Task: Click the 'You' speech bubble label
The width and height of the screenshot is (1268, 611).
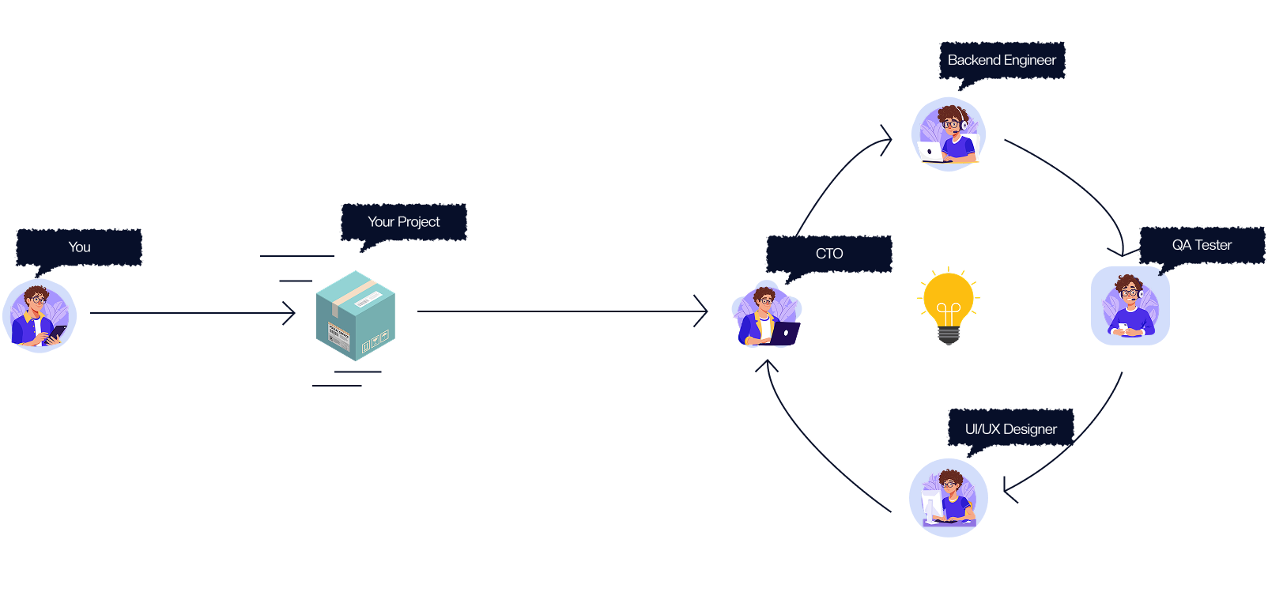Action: (79, 247)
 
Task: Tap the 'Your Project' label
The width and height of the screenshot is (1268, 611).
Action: (403, 222)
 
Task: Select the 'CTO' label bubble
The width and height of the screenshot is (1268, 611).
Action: (829, 254)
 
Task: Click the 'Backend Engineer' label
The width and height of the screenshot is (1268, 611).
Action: (1002, 60)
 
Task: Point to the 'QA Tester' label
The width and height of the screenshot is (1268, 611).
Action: (1202, 245)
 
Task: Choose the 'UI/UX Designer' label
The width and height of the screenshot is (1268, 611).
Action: (1010, 429)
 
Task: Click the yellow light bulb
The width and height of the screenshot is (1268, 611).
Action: (949, 300)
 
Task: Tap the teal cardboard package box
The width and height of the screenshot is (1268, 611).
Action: (355, 316)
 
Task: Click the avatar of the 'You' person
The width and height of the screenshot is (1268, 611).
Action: (40, 315)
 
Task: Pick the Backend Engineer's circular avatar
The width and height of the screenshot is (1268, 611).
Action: (948, 134)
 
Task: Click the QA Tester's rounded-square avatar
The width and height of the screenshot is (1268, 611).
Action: (1130, 306)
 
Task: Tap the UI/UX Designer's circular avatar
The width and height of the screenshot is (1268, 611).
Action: (948, 498)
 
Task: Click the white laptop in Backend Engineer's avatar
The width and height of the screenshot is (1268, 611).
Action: (930, 152)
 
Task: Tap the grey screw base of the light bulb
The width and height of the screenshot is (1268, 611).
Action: (949, 336)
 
